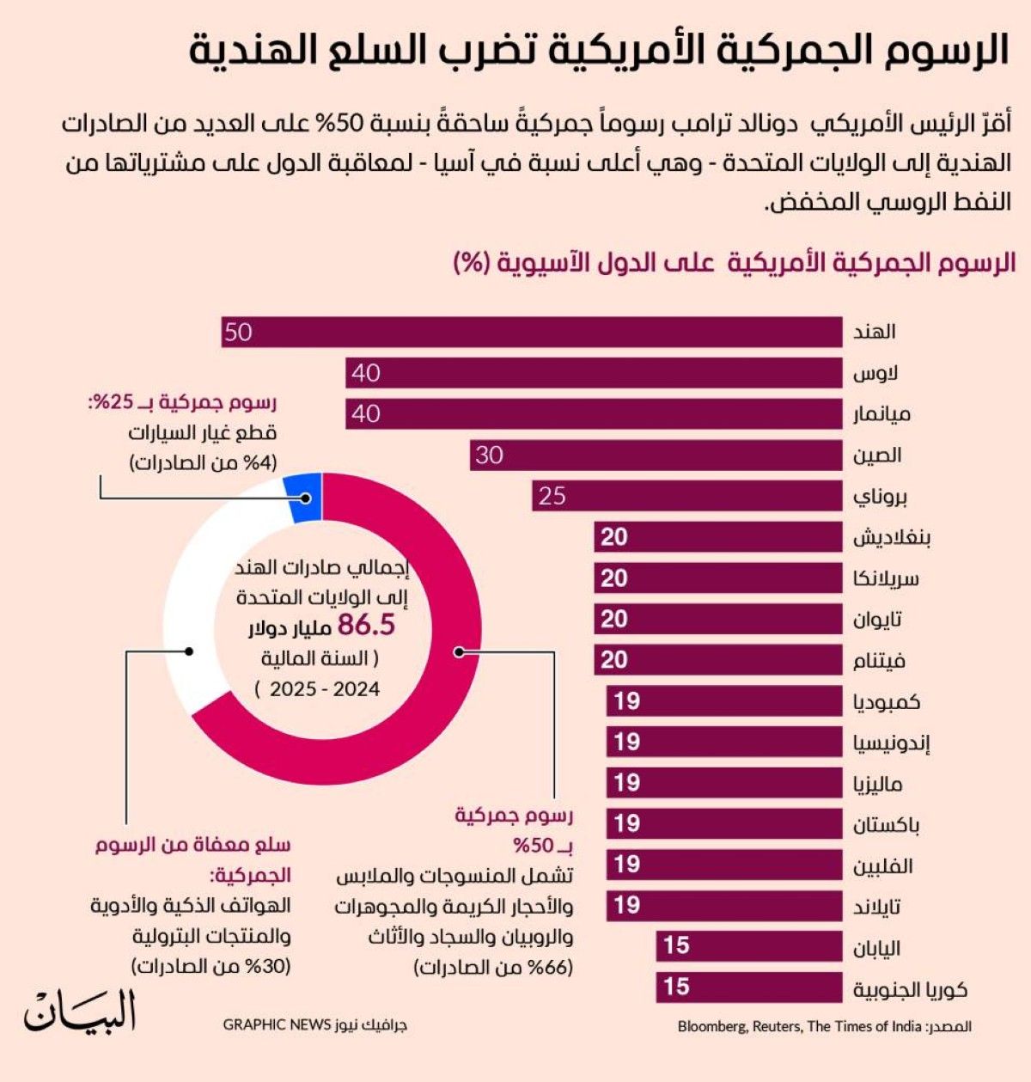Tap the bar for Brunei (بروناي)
coord(686,497)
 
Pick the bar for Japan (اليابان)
coord(748,946)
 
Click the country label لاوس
coord(875,374)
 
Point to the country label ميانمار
coord(882,414)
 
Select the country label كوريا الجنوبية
coord(910,989)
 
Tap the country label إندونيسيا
coord(892,743)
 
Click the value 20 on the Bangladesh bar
coord(614,537)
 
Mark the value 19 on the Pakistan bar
coord(627,823)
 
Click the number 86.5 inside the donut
coord(366,626)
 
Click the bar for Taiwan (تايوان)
coord(717,620)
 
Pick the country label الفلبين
coord(882,865)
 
